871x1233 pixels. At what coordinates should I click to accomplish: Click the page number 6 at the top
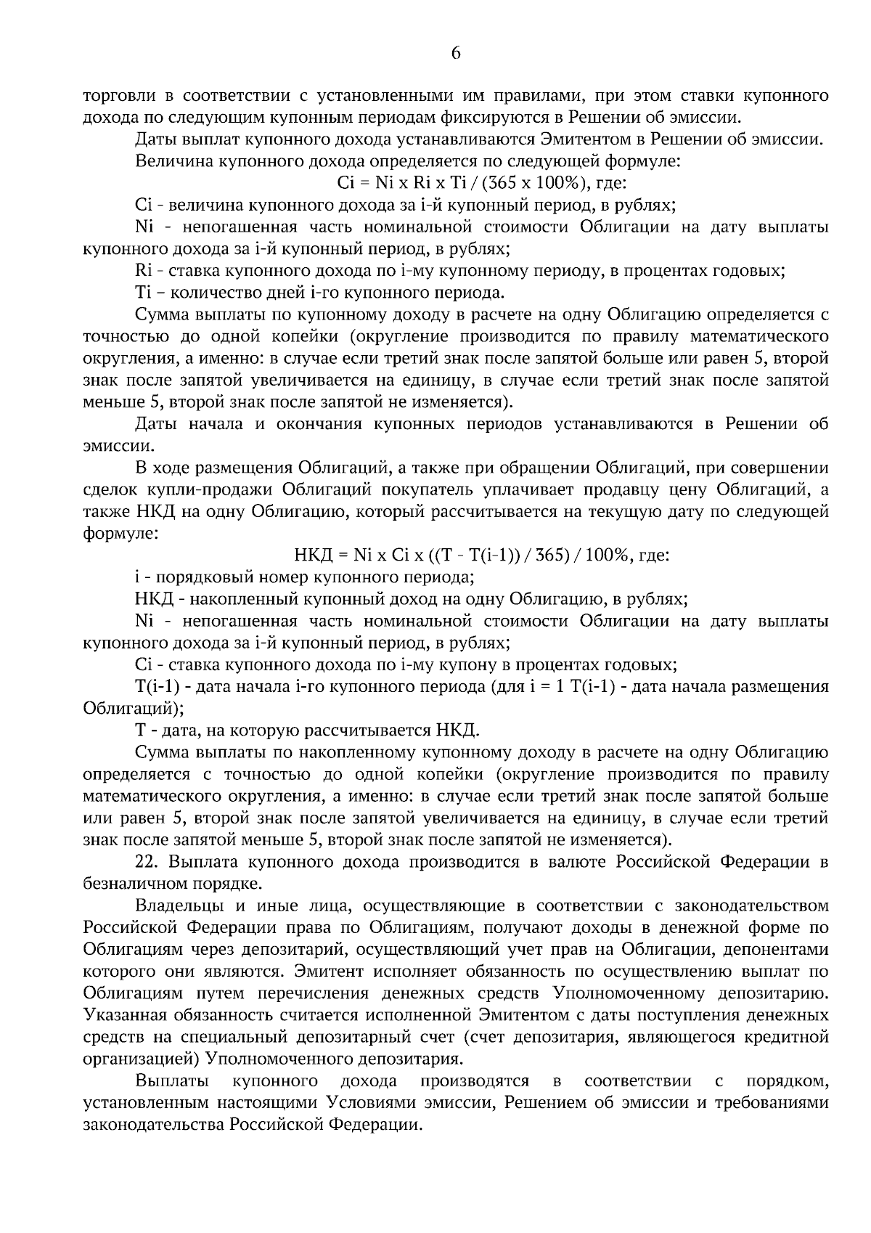coord(456,53)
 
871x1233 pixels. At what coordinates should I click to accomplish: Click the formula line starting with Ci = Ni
coord(477,184)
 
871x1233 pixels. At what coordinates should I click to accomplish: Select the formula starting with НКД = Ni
coord(481,556)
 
